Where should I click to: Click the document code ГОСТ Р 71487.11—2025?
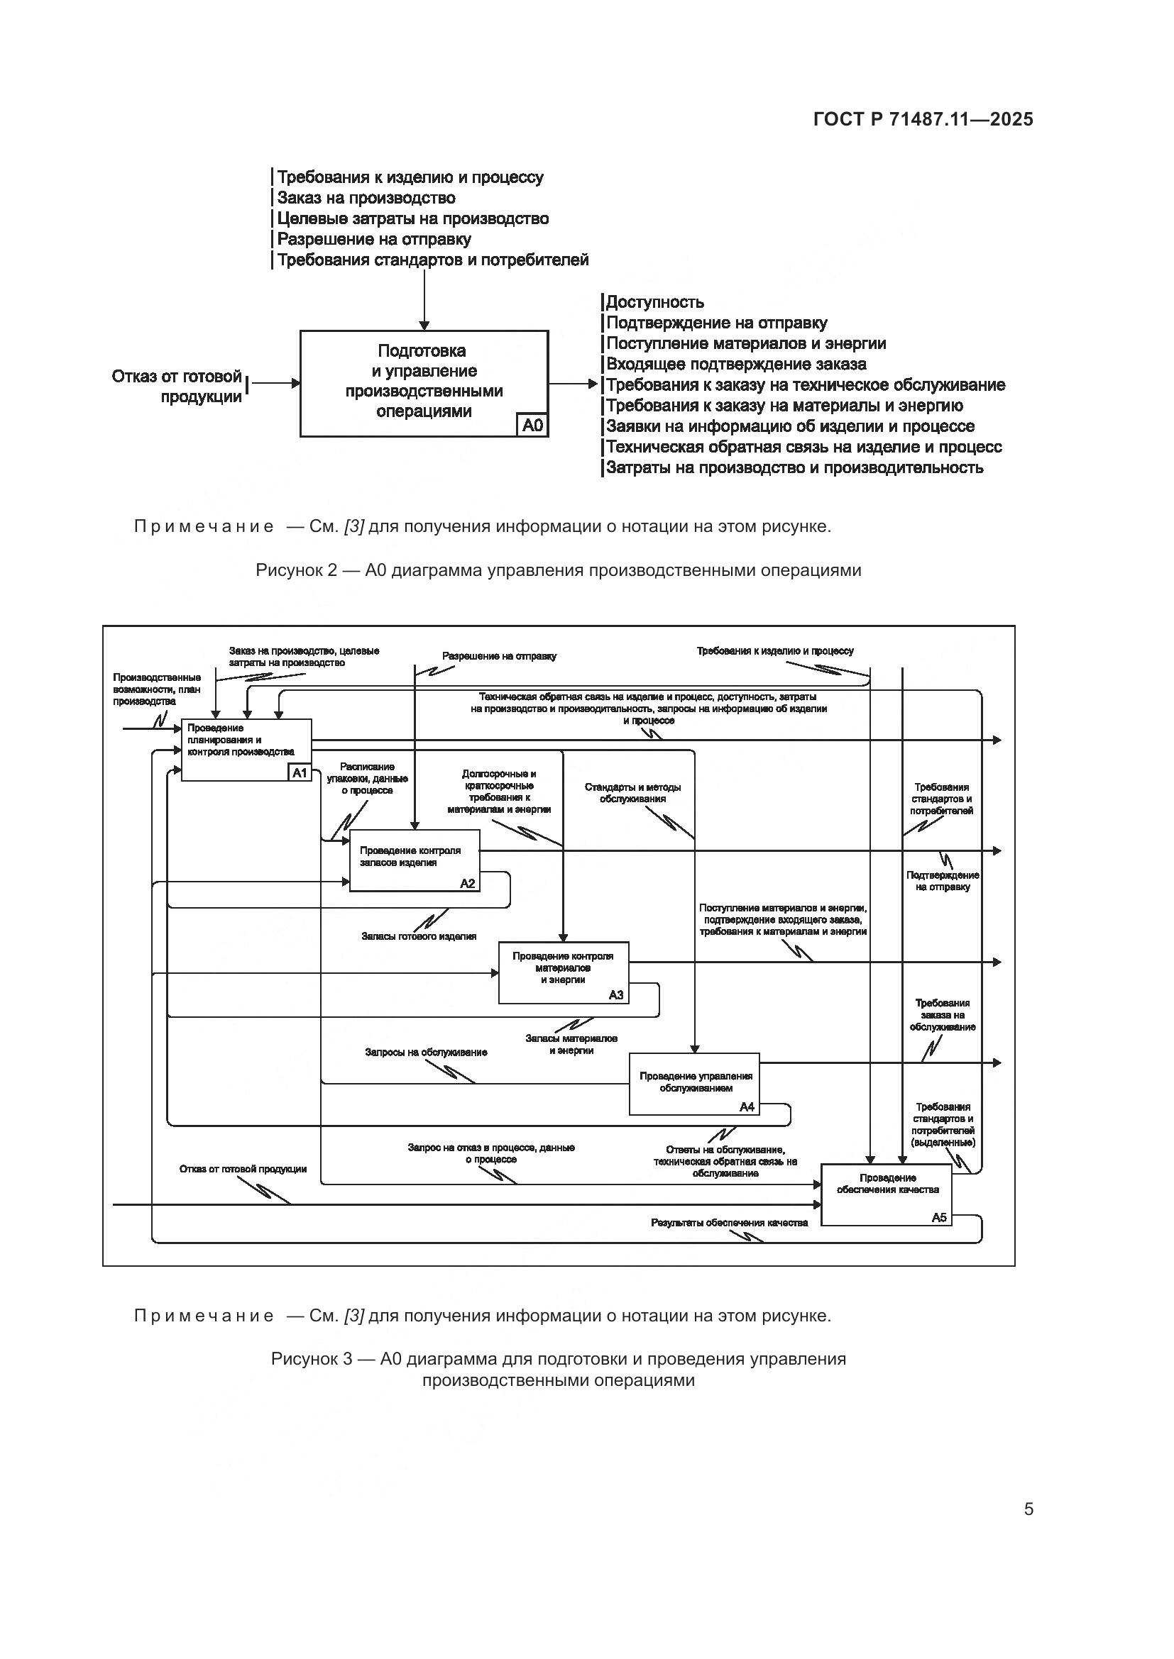(x=923, y=119)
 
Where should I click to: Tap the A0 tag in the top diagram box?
(x=532, y=426)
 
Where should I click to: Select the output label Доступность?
(x=654, y=302)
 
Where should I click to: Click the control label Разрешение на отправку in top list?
(x=374, y=239)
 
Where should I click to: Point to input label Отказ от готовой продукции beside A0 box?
(x=177, y=387)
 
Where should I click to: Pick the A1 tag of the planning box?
(x=300, y=773)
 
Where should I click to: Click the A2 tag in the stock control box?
(x=468, y=884)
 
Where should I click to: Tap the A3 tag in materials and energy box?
(x=615, y=995)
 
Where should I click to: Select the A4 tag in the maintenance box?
(x=747, y=1107)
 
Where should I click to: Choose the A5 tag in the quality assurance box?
(x=938, y=1218)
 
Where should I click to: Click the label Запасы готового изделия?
(x=419, y=936)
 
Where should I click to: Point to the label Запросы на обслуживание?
(x=426, y=1052)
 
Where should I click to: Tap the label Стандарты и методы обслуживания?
(x=632, y=793)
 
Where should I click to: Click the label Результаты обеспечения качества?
(x=729, y=1223)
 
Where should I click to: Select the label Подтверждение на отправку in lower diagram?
(x=943, y=881)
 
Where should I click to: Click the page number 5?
(x=1028, y=1509)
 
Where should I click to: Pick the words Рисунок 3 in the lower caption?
(x=312, y=1358)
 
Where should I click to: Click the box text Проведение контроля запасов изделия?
(x=410, y=856)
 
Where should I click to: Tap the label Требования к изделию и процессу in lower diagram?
(x=775, y=651)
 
